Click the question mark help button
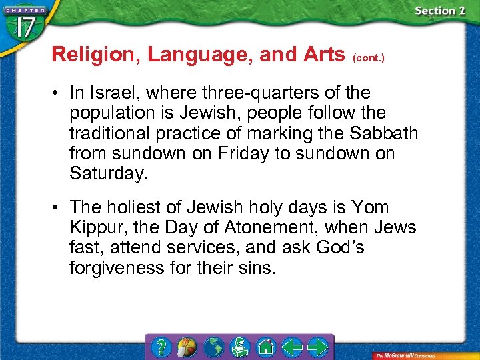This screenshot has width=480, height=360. [161, 347]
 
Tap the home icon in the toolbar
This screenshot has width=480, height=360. [266, 347]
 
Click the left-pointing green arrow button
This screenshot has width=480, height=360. [291, 347]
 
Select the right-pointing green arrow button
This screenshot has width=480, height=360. [319, 347]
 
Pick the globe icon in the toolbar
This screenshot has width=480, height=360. [214, 347]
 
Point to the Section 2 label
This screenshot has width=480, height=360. [439, 11]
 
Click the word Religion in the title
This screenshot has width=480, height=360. [93, 55]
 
